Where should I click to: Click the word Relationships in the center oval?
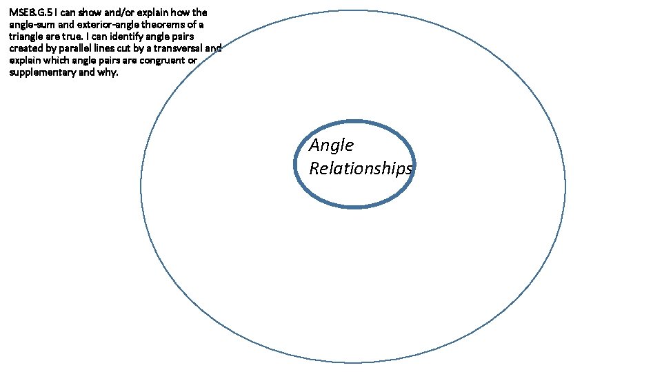361,168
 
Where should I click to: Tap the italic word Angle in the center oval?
332,145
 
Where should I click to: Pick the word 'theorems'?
161,24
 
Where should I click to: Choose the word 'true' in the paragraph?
73,37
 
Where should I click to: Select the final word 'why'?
109,72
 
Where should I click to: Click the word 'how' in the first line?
179,12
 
